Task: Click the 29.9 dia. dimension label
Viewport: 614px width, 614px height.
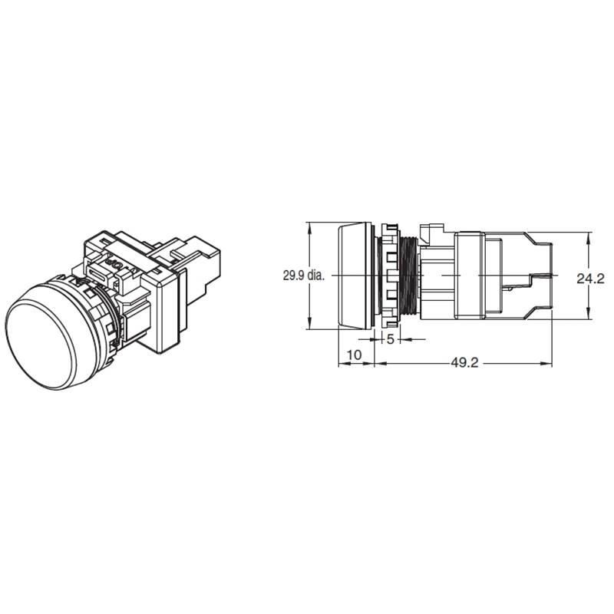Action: click(x=304, y=276)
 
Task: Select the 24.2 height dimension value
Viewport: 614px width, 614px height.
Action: click(x=590, y=279)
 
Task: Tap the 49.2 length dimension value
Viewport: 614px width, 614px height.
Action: click(x=464, y=363)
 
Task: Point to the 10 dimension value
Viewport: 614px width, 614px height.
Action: click(x=355, y=355)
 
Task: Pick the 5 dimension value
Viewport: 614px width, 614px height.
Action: click(x=390, y=339)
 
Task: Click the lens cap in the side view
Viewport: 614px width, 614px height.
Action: click(x=355, y=276)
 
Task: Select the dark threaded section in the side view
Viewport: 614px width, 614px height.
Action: click(x=409, y=276)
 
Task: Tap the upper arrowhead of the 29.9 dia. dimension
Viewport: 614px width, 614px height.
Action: click(x=309, y=229)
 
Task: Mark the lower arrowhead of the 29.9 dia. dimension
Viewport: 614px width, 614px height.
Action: click(x=309, y=323)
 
